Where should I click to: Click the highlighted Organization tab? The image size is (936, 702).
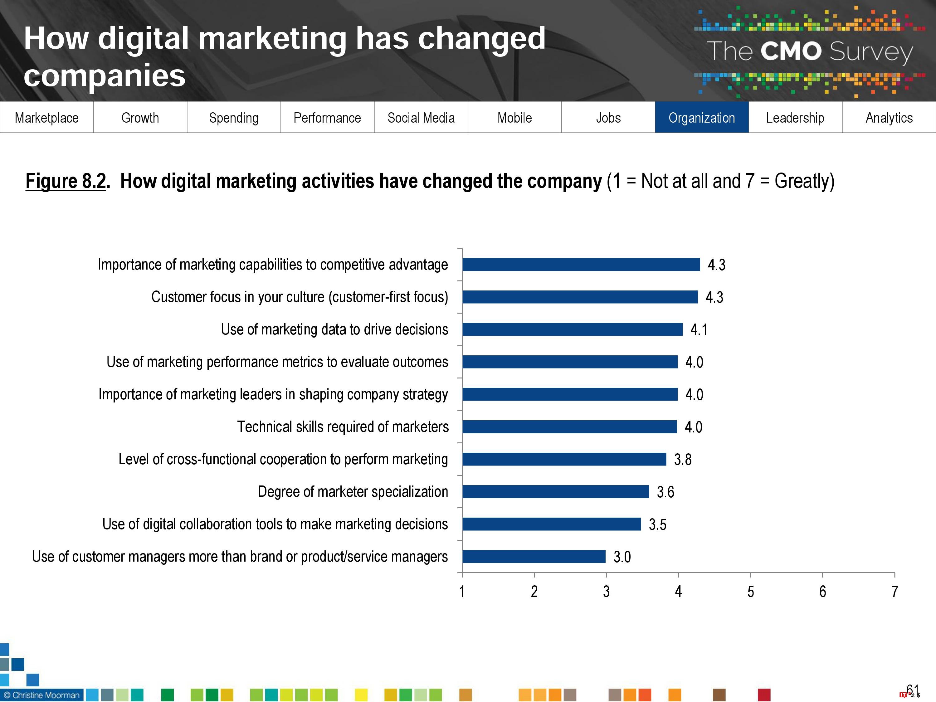click(x=702, y=118)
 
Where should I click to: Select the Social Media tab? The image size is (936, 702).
click(x=421, y=118)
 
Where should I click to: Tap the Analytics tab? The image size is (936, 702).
click(x=889, y=118)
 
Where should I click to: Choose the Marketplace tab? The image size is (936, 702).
click(x=46, y=118)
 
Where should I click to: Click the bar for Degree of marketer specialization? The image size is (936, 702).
click(x=555, y=492)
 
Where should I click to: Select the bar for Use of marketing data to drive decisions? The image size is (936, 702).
click(x=572, y=329)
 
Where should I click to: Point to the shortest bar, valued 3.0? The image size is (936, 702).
click(x=534, y=556)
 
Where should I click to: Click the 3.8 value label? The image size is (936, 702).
click(x=683, y=460)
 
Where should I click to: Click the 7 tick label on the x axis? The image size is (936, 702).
click(x=895, y=592)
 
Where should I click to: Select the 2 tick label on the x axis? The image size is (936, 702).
click(x=534, y=592)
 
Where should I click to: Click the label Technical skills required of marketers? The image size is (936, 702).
click(x=343, y=427)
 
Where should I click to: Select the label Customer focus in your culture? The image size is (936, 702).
click(x=300, y=297)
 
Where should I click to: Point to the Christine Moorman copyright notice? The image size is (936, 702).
click(x=41, y=695)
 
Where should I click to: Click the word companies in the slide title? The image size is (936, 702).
click(x=105, y=75)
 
